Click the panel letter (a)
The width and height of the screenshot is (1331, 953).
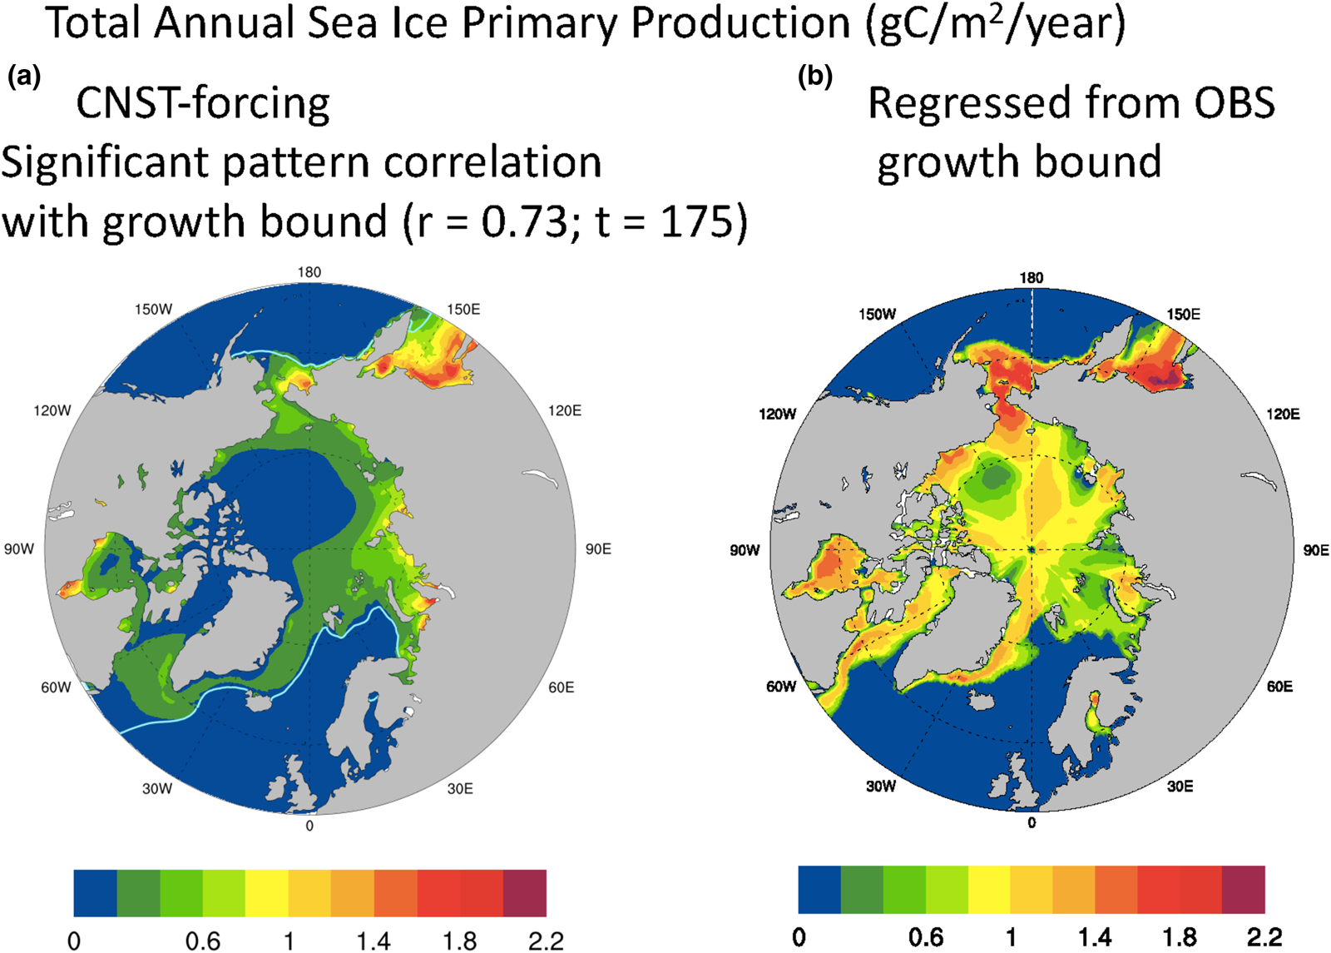point(24,77)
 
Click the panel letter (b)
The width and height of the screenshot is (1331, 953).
point(815,77)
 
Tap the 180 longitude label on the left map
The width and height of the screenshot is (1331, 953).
point(309,272)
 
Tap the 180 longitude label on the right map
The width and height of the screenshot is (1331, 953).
point(1031,278)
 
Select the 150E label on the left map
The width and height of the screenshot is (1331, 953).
point(463,309)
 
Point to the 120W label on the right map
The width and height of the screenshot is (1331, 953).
point(777,414)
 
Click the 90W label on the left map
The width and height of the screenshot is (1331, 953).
point(19,549)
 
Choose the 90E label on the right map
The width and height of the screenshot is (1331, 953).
point(1316,550)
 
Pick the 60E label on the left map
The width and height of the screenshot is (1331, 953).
point(561,687)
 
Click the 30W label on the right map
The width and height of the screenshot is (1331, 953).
point(881,786)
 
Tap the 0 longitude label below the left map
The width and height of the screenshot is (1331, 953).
point(309,826)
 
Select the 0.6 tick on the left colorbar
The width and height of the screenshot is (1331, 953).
point(203,941)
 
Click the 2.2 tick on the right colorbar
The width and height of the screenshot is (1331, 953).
point(1264,937)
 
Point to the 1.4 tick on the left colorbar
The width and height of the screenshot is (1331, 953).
point(374,941)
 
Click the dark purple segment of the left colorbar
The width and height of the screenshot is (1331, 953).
point(525,893)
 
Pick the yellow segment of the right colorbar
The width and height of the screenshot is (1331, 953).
point(989,890)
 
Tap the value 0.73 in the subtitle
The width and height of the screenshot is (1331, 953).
point(524,221)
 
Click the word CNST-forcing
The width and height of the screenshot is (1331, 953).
point(203,104)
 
